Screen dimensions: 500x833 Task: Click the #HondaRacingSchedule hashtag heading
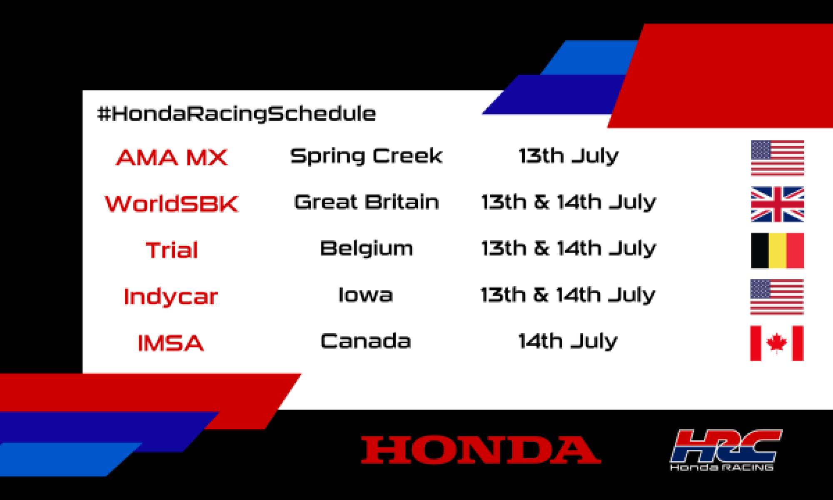[x=236, y=114]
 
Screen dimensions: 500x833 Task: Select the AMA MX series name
[x=172, y=157]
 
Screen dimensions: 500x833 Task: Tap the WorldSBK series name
[x=172, y=204]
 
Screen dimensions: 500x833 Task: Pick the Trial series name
[x=172, y=250]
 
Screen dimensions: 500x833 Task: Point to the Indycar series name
[x=171, y=297]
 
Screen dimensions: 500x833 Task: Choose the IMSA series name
[x=171, y=343]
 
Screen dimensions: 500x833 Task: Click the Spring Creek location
[x=366, y=156]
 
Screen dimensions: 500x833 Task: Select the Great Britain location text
[x=367, y=202]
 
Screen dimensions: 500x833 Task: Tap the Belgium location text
[x=367, y=249]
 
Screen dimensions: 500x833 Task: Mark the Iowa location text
[x=365, y=295]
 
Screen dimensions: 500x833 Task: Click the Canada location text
[x=366, y=341]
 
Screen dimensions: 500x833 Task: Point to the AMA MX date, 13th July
[x=569, y=156]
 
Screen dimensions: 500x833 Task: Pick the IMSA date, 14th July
[x=568, y=341]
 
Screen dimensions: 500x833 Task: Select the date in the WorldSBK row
[x=569, y=202]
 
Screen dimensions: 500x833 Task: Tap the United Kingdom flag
[x=777, y=204]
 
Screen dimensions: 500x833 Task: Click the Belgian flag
[x=777, y=250]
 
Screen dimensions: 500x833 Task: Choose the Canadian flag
[x=776, y=343]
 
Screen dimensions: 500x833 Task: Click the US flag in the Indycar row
[x=776, y=297]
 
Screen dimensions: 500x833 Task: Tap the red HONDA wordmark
[x=481, y=450]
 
